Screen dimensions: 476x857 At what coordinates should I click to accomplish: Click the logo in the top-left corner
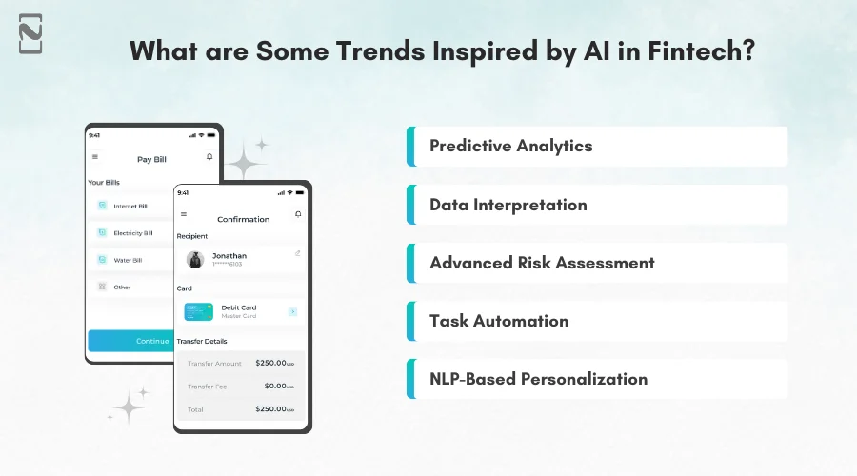point(30,33)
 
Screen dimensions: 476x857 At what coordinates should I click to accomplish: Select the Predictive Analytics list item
point(511,147)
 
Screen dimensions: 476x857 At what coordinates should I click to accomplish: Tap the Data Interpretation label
point(508,205)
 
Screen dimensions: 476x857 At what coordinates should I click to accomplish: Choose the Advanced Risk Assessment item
point(542,263)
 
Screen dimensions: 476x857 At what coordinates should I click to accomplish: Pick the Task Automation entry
point(499,321)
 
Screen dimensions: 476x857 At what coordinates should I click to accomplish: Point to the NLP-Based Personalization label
point(538,379)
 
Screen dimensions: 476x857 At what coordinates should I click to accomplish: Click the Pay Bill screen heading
point(152,159)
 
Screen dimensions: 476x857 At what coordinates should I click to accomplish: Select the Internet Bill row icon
point(102,206)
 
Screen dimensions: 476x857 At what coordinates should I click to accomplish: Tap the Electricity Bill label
point(132,233)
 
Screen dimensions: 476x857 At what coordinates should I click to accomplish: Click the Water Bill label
point(128,260)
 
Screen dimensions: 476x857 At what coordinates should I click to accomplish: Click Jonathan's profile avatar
point(195,259)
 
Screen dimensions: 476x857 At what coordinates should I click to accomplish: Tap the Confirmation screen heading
point(243,220)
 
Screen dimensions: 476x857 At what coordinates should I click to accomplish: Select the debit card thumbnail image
point(199,311)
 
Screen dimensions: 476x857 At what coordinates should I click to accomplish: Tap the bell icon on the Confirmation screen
point(298,214)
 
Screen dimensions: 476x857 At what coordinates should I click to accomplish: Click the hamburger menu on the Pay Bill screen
point(94,157)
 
